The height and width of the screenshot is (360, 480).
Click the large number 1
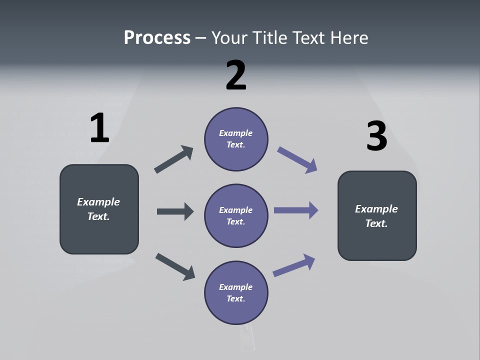click(x=99, y=128)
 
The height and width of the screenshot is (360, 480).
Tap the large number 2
click(x=236, y=75)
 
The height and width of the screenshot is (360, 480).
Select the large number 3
click(x=376, y=136)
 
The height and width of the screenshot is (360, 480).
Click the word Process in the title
click(x=157, y=37)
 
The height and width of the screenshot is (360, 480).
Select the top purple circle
click(x=236, y=138)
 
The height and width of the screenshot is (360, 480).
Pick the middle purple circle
click(x=236, y=215)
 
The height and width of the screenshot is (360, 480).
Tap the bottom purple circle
click(x=236, y=292)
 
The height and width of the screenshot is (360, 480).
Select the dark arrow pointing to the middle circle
click(x=175, y=211)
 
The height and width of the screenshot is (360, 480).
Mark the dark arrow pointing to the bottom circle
click(x=175, y=266)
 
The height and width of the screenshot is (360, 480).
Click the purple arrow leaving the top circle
click(x=297, y=159)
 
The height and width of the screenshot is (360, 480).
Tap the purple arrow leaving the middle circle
click(x=296, y=210)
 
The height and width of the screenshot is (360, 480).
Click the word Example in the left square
click(x=98, y=201)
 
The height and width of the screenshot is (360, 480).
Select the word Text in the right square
click(x=376, y=223)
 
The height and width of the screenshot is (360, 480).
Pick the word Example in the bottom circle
click(x=236, y=287)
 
